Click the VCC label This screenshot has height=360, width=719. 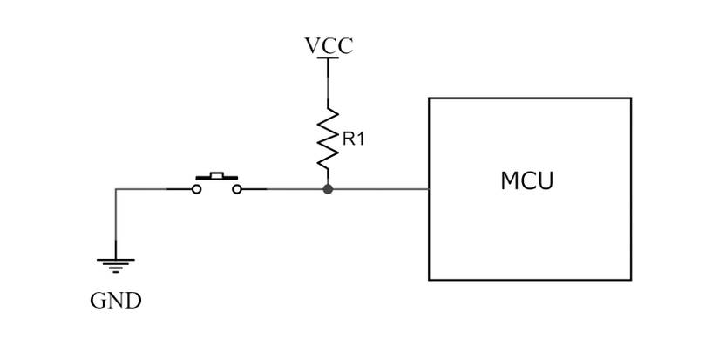(x=329, y=45)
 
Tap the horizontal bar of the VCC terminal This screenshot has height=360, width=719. (x=328, y=58)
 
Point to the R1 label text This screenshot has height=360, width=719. (x=354, y=139)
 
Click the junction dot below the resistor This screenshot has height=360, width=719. (x=328, y=188)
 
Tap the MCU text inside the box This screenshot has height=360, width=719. (x=527, y=181)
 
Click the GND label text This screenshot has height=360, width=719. (x=115, y=302)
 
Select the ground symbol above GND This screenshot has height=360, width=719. (x=115, y=264)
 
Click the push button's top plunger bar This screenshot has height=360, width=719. (x=217, y=177)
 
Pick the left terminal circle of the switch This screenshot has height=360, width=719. (x=197, y=188)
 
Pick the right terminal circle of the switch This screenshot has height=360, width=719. (x=237, y=188)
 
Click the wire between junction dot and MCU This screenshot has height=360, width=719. (x=379, y=188)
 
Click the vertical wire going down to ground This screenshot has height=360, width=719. (x=115, y=222)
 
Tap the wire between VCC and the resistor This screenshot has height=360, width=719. (x=328, y=83)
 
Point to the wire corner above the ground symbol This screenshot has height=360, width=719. (x=115, y=188)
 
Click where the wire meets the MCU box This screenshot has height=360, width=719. (x=429, y=188)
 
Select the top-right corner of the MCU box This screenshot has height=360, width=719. (x=630, y=98)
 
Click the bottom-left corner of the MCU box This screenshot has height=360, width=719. (x=429, y=280)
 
